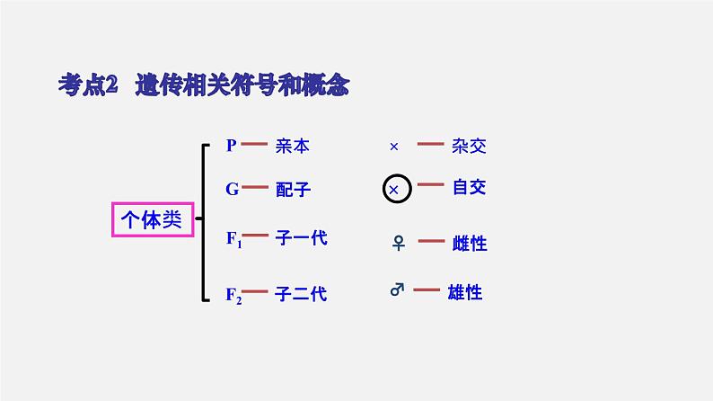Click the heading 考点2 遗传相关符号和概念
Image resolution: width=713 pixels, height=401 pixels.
click(202, 86)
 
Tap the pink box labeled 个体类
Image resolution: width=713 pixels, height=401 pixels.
click(152, 219)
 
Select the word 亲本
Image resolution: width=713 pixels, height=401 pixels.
click(293, 146)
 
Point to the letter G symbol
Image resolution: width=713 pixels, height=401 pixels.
click(232, 189)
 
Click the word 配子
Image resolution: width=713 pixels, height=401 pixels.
click(293, 190)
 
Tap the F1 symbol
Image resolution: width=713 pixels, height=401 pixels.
click(233, 239)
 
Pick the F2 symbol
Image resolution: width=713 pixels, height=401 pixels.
click(233, 294)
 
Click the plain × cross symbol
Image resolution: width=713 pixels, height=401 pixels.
click(393, 146)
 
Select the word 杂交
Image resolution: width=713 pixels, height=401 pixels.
click(470, 146)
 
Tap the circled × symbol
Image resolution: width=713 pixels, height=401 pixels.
click(396, 190)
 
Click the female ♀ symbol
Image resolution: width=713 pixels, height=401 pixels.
click(396, 243)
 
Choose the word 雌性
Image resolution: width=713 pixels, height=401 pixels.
click(470, 243)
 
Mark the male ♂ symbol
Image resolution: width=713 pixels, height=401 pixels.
click(396, 290)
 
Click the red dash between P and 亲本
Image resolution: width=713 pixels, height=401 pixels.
click(256, 144)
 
